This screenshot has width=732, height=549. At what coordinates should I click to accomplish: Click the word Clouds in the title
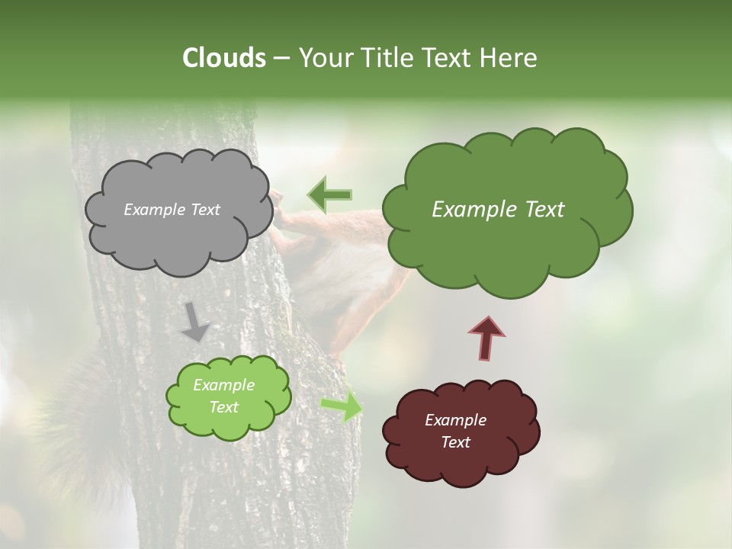pyautogui.click(x=223, y=58)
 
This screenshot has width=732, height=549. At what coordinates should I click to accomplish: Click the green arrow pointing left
pyautogui.click(x=329, y=194)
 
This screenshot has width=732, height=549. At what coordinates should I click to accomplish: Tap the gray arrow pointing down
pyautogui.click(x=195, y=322)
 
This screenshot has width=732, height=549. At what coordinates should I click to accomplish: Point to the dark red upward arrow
pyautogui.click(x=486, y=338)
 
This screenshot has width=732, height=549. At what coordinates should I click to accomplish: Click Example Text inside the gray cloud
pyautogui.click(x=172, y=210)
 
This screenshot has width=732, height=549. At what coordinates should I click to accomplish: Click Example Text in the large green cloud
pyautogui.click(x=498, y=210)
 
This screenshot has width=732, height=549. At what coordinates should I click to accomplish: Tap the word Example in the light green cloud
pyautogui.click(x=223, y=385)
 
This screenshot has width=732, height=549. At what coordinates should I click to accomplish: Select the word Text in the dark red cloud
pyautogui.click(x=455, y=442)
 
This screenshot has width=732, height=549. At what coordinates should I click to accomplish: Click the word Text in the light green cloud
pyautogui.click(x=223, y=407)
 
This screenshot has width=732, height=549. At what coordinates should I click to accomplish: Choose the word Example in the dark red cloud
pyautogui.click(x=455, y=420)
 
